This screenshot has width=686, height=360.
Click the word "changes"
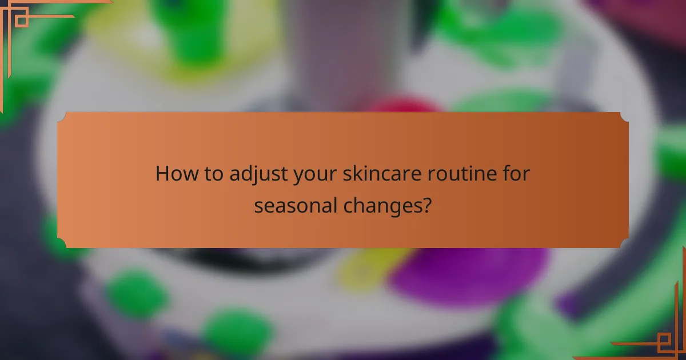pyautogui.click(x=386, y=206)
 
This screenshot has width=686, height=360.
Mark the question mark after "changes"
pyautogui.click(x=426, y=205)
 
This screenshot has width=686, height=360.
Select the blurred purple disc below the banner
pyautogui.click(x=469, y=274)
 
